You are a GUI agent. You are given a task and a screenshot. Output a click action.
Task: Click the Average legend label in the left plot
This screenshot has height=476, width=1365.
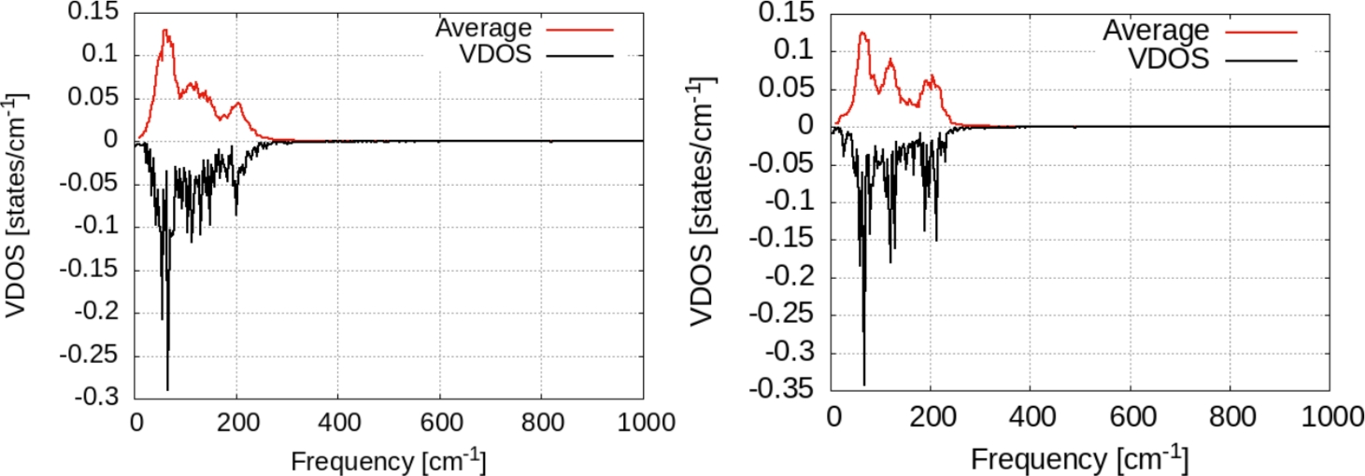tap(482, 28)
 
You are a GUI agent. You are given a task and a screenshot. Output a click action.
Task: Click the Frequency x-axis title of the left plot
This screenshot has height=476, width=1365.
tap(388, 460)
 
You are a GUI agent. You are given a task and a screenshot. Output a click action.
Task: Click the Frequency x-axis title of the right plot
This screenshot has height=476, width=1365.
tap(1079, 458)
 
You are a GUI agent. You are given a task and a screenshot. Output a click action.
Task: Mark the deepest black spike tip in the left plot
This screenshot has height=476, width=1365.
tap(167, 389)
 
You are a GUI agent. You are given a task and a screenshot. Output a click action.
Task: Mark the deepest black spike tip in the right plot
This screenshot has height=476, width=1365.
tap(864, 384)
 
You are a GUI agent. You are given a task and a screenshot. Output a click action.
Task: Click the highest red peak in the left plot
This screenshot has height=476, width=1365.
tap(165, 30)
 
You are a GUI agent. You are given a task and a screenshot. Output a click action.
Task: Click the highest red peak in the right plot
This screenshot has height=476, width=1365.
tap(862, 33)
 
